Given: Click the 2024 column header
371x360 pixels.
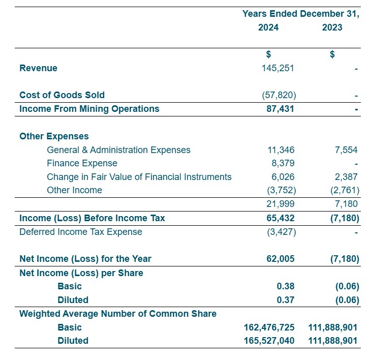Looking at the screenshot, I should pos(268,27).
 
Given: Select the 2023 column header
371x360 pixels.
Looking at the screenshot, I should pos(332,27).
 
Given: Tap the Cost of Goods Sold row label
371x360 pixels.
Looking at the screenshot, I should pos(62,95).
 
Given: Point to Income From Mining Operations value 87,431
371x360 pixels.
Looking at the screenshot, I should pos(280,109).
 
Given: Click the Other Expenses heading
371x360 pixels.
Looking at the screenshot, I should pos(54,136).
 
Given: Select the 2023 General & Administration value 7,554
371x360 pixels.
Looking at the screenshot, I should pos(344,150).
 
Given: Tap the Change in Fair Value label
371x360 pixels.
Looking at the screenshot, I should pos(139,177).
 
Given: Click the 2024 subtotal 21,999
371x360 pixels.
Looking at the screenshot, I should pos(281,204).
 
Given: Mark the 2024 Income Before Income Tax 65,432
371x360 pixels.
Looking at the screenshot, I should pos(280,218).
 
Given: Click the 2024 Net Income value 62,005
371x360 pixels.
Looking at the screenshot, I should pos(280,259).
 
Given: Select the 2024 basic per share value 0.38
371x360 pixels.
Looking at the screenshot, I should pos(286,286).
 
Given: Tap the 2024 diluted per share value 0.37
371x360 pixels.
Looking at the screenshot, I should pos(286,300).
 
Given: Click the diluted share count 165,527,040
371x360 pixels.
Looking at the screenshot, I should pos(269,341).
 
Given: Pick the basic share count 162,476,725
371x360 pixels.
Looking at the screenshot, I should pos(269,327).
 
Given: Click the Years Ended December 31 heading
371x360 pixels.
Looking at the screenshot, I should pos(300,14).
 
